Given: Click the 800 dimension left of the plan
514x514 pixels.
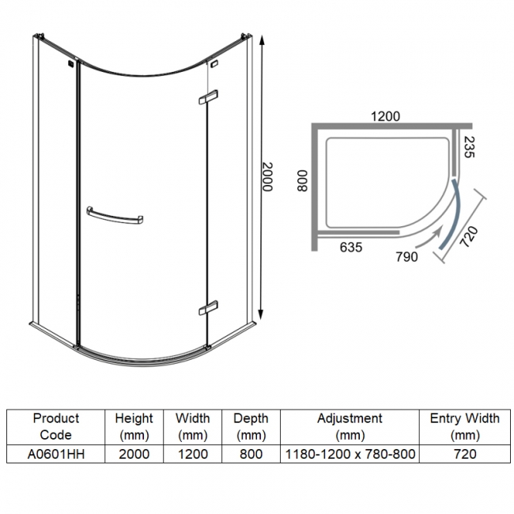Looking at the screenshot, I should (300, 183).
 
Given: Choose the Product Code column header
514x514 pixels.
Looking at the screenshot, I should (55, 426).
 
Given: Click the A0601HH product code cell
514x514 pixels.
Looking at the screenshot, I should (55, 454).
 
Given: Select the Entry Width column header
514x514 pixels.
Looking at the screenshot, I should (464, 426).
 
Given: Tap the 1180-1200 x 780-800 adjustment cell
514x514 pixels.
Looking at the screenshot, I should (349, 454).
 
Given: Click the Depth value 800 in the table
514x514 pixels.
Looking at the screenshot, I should (251, 454).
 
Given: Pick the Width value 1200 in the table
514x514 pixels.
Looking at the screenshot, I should (193, 454).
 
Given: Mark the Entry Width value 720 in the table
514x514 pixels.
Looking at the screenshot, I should (464, 454).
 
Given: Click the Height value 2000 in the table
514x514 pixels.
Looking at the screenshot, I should (134, 454).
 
